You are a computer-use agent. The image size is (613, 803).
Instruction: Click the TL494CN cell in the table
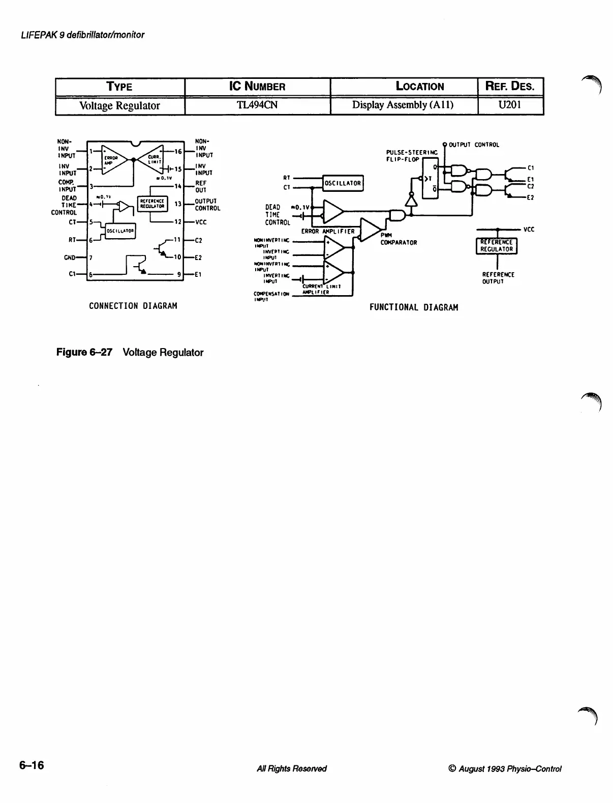(x=257, y=105)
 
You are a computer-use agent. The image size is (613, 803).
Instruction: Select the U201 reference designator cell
(x=510, y=105)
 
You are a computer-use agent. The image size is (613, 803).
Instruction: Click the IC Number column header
(x=257, y=87)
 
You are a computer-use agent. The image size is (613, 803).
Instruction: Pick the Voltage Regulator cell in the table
(x=120, y=105)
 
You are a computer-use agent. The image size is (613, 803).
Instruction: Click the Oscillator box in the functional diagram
(x=343, y=183)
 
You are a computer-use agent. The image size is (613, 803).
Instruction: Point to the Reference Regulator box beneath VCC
(x=496, y=246)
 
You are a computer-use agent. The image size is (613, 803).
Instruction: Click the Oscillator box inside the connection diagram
(x=120, y=231)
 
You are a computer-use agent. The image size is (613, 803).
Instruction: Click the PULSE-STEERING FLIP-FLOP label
(x=412, y=156)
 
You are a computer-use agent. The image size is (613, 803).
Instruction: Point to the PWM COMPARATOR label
(x=398, y=239)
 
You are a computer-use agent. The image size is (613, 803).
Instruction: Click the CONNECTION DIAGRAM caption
(x=133, y=306)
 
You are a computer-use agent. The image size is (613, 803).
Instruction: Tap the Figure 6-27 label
(x=84, y=352)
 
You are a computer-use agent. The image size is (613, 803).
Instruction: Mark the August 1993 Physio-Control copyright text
(x=505, y=769)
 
